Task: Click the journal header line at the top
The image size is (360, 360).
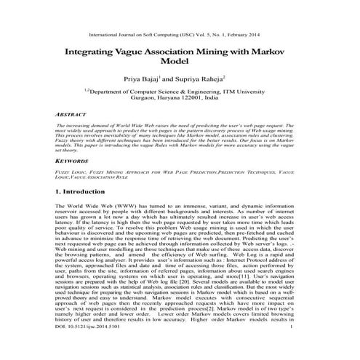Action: (x=180, y=33)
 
